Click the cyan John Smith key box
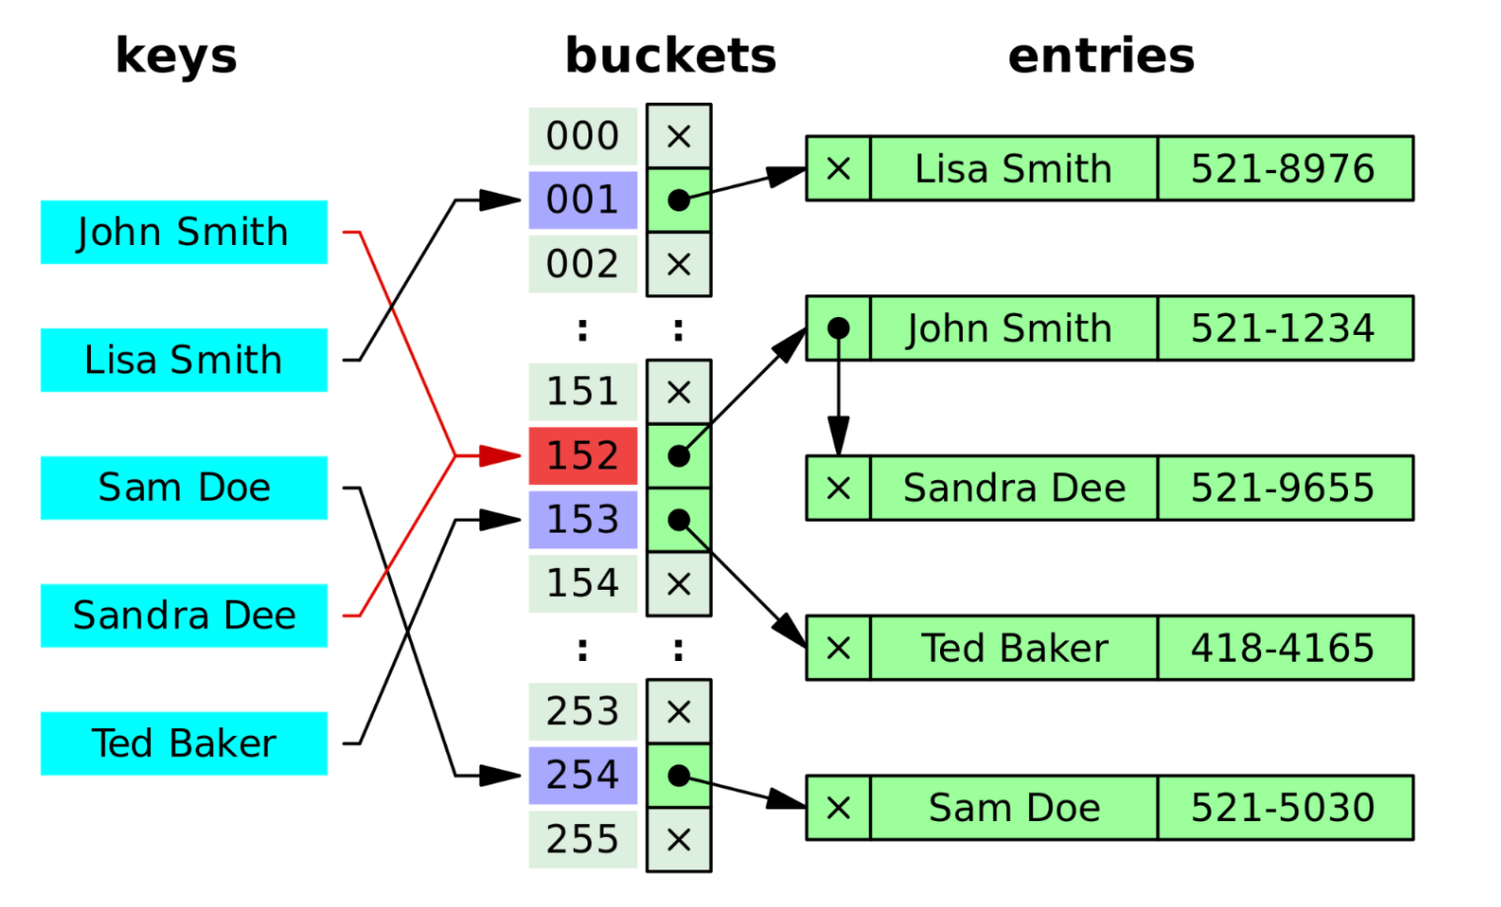184,232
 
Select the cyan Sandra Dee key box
184,616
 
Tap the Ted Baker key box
184,743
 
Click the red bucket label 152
583,455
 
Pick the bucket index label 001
583,200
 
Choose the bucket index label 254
583,775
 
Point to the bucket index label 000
583,136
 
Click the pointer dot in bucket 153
678,520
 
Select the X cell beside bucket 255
678,840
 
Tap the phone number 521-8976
1283,169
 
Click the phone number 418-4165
1283,648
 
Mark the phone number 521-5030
1283,808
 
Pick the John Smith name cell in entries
1011,328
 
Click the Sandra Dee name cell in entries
1013,488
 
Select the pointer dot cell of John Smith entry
838,328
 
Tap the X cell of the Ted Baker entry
838,648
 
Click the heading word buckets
671,55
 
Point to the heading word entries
1101,55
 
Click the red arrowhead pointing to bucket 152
500,455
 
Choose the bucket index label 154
583,583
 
